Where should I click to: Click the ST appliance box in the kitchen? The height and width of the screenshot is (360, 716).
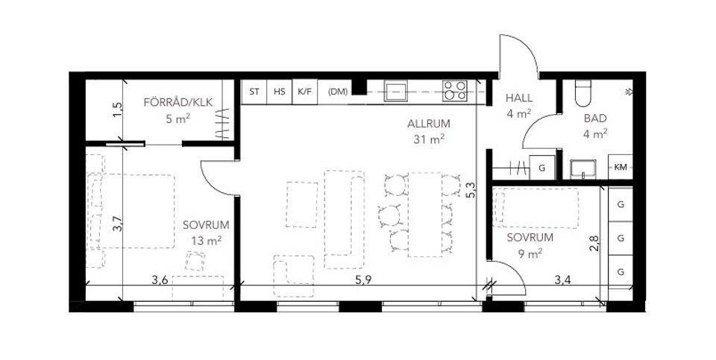coord(254,92)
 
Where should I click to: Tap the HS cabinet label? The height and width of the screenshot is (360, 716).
coord(279,92)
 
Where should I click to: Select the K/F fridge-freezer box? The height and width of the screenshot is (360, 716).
coord(304,92)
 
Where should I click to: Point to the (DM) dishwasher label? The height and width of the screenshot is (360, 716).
coord(338,92)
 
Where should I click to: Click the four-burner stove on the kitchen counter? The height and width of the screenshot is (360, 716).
coord(454,91)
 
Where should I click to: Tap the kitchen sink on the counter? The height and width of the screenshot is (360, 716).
coord(395,92)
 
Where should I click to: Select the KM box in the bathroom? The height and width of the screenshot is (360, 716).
coord(621,167)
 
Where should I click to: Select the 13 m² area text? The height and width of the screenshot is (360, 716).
coord(205,240)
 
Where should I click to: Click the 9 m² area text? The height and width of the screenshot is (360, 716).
coord(529,253)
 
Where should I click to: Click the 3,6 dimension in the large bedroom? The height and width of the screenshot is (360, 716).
coord(160,280)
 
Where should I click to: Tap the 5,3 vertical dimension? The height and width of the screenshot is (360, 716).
coord(470,191)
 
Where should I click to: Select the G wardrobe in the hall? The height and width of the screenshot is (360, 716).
coord(542,168)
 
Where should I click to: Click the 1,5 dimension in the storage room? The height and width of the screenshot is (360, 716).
coord(116,109)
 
